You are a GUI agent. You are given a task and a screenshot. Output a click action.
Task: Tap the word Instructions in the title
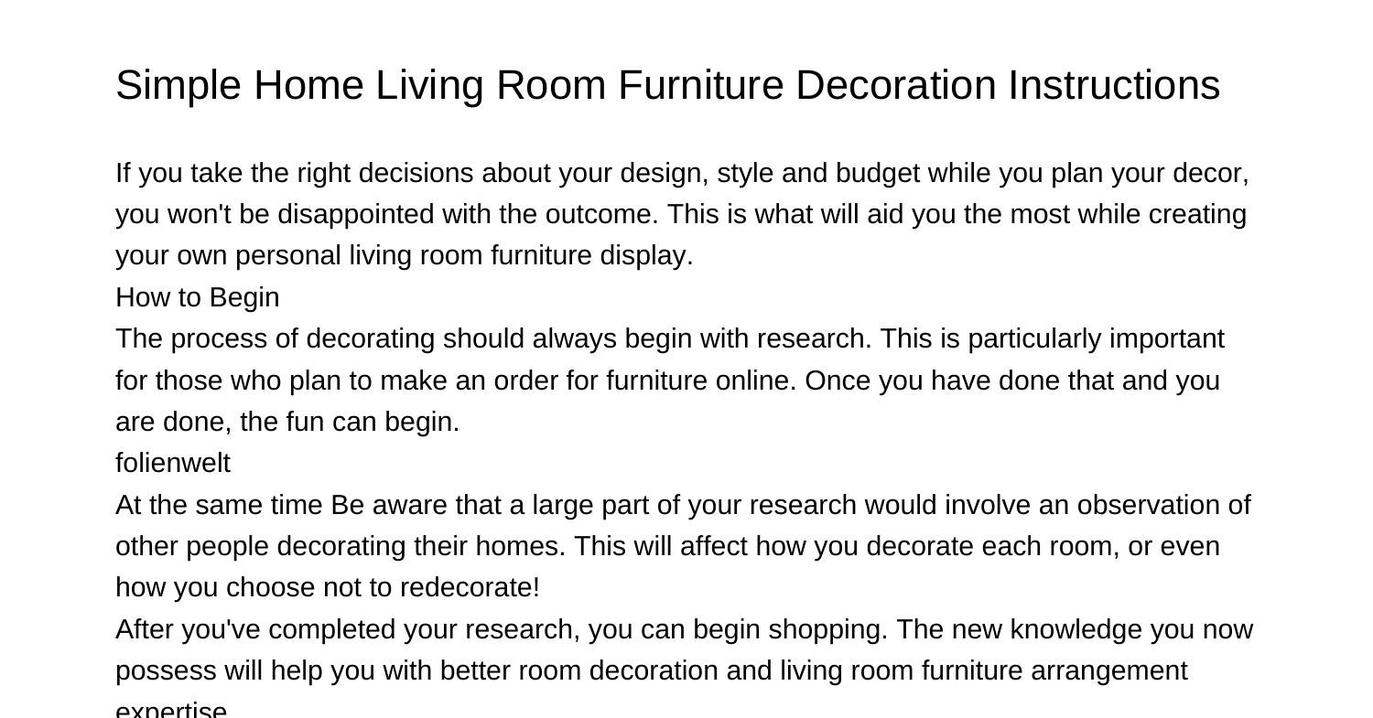1114,86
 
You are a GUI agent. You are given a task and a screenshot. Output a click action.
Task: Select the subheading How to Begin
197,298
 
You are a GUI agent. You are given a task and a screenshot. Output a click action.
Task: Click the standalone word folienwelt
173,464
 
